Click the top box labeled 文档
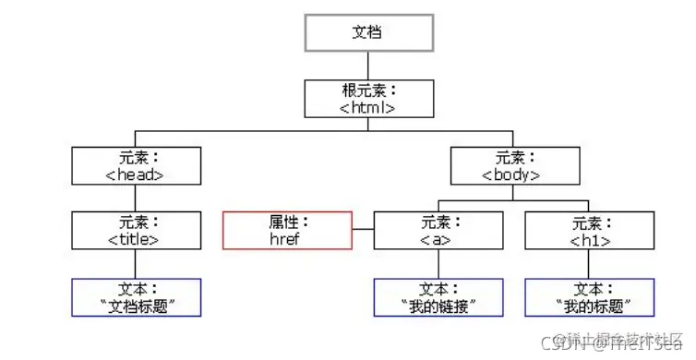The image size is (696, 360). tap(367, 31)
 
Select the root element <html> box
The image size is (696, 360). tap(367, 98)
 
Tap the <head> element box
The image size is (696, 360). tap(136, 165)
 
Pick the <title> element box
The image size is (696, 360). tap(136, 231)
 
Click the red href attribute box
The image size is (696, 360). tap(287, 231)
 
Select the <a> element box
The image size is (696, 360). tap(438, 231)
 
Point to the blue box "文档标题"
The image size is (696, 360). tap(136, 296)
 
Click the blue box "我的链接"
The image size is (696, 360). tap(438, 296)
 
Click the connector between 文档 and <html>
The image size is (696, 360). tap(367, 64)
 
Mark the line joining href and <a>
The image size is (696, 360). tap(363, 231)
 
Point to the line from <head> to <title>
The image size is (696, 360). tap(136, 198)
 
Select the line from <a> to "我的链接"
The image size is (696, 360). tap(438, 263)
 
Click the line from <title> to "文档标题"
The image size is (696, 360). tap(136, 263)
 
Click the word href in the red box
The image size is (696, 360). tap(287, 238)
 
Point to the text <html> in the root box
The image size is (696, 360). tap(367, 106)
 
